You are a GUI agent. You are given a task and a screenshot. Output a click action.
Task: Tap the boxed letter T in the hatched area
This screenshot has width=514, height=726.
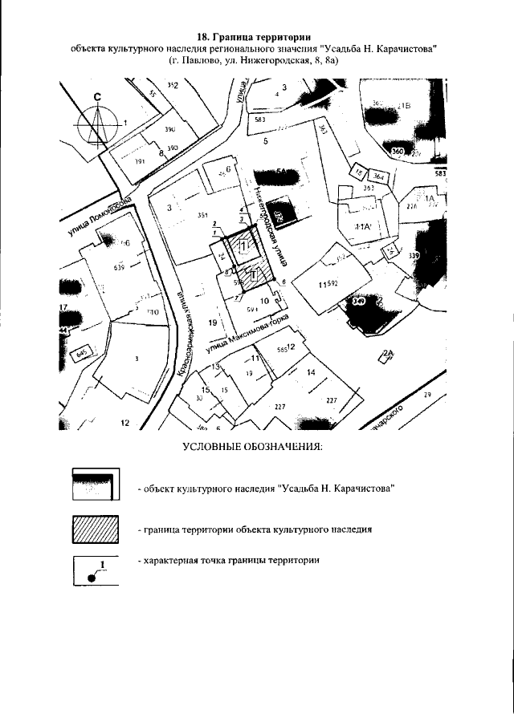pyautogui.click(x=253, y=275)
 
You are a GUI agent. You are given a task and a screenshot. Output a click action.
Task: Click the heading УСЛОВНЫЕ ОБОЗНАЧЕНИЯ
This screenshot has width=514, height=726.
pyautogui.click(x=252, y=445)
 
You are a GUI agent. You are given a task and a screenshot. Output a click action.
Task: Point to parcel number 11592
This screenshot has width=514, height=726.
pyautogui.click(x=328, y=283)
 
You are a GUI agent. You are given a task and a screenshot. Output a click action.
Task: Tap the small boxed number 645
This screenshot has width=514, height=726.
pyautogui.click(x=81, y=353)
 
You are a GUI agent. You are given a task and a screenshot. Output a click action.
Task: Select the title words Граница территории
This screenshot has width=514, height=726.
pyautogui.click(x=265, y=36)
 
